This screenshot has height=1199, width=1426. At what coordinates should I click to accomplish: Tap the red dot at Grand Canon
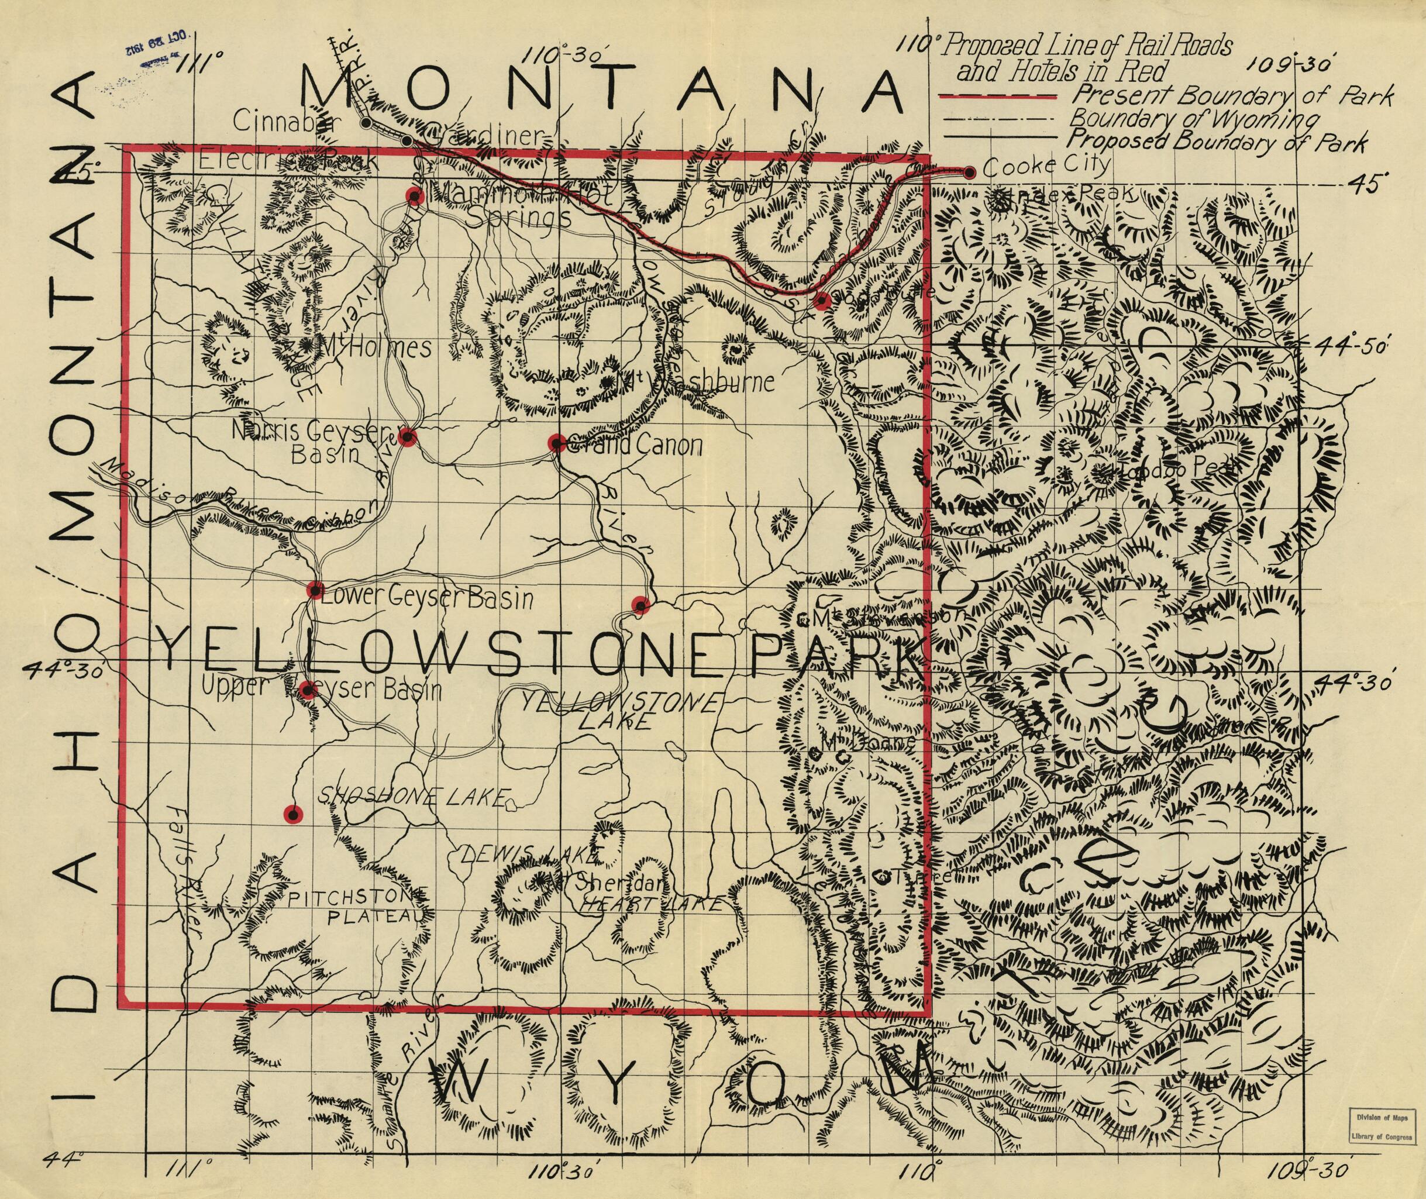557,443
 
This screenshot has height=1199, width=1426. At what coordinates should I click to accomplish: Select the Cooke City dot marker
970,173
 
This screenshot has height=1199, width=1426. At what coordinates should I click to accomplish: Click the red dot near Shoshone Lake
293,814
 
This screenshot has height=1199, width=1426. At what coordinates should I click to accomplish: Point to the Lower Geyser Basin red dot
314,590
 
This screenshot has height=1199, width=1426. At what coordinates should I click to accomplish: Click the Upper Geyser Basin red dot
307,691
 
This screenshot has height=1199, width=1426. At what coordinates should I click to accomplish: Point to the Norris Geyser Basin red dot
407,436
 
